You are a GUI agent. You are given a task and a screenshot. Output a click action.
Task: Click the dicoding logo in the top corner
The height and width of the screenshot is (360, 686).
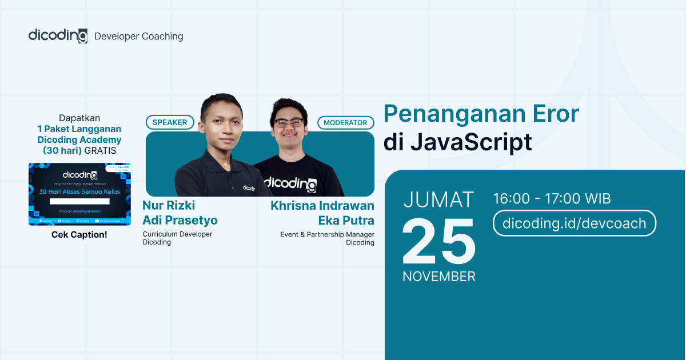pos(58,35)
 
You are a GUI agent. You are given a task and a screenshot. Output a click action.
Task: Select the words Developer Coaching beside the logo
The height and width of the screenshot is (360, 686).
pos(139,37)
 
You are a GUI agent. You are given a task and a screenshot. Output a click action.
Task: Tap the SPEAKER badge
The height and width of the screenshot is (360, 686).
pos(170,122)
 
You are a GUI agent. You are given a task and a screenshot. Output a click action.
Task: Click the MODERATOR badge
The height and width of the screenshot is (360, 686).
pos(345,122)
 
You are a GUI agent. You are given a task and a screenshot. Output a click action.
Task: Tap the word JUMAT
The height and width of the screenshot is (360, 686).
pos(439,200)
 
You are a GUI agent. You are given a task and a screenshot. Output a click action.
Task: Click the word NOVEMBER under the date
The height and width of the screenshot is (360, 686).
pos(439,277)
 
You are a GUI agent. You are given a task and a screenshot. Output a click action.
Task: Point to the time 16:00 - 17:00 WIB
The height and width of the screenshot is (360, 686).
pos(552,199)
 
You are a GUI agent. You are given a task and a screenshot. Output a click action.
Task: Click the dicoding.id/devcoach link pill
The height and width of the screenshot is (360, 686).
pos(574,223)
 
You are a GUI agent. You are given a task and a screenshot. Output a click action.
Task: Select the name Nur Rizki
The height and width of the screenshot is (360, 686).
pos(169,206)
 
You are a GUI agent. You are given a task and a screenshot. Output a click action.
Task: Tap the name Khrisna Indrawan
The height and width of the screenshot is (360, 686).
pos(322,206)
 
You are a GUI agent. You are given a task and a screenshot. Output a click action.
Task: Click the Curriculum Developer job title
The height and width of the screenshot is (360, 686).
pos(177,234)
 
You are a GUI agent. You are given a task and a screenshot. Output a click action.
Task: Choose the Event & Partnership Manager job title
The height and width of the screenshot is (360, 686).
pos(327,234)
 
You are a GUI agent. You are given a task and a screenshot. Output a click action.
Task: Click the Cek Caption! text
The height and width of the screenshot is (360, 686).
pos(79,235)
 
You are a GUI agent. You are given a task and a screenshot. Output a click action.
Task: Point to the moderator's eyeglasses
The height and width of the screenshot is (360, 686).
pos(288,123)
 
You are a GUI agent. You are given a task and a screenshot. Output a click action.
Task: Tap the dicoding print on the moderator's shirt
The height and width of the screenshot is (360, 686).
pos(290,184)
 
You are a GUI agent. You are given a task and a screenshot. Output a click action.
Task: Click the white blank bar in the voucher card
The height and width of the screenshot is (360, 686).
pos(79,201)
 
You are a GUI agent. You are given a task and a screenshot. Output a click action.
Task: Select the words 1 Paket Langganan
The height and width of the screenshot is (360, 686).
pos(79,129)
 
